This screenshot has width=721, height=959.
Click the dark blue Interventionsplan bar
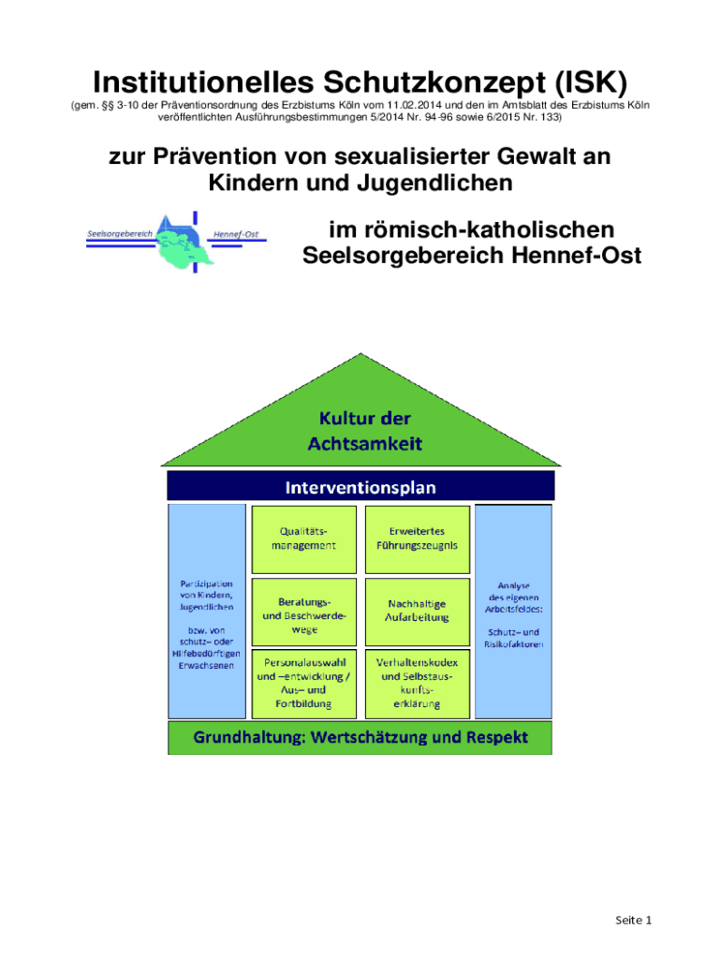tap(360, 487)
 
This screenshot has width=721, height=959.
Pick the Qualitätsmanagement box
tap(304, 539)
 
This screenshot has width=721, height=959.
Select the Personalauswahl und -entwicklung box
tap(304, 681)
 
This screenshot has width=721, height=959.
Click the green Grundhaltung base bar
tap(360, 738)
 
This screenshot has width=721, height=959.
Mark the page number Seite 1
tap(633, 920)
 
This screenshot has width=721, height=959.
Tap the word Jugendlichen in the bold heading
tap(438, 183)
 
